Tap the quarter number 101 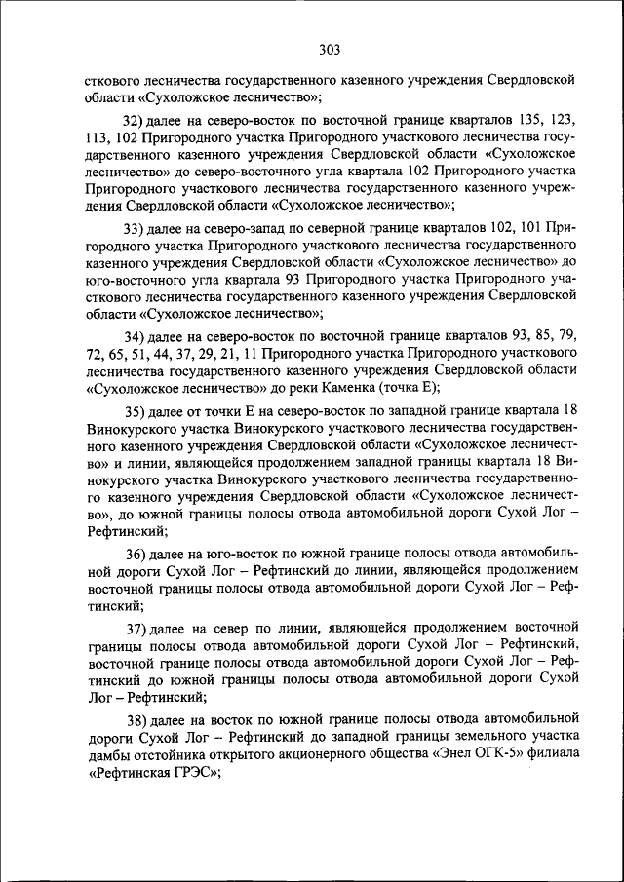pos(519,227)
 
